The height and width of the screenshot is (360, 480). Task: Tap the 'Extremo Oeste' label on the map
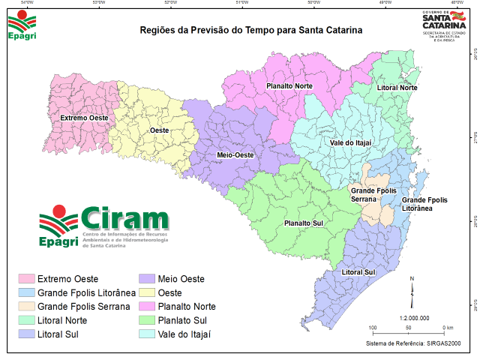83,118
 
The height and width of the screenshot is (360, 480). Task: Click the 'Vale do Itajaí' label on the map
351,142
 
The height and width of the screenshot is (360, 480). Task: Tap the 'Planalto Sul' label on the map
304,223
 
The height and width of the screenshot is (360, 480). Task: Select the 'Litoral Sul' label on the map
358,271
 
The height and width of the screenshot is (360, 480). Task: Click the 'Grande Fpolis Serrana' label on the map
373,195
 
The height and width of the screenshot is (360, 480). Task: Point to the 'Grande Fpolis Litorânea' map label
424,204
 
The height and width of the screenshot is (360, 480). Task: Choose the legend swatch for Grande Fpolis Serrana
27,306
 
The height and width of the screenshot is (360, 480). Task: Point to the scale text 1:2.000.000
414,318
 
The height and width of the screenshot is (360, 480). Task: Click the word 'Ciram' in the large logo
125,219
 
